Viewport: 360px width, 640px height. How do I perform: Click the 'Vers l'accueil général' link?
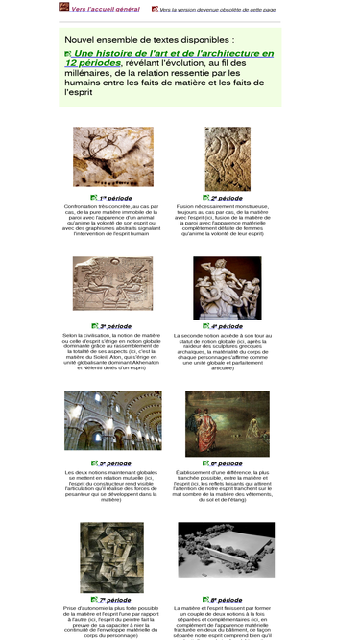tap(105, 9)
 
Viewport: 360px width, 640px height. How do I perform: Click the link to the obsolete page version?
tap(218, 9)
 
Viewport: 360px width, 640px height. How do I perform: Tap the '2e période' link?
tap(227, 198)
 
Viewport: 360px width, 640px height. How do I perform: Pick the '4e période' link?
tap(227, 326)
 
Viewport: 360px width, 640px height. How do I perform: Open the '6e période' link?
tap(227, 463)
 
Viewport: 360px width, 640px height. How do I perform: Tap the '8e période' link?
tap(227, 600)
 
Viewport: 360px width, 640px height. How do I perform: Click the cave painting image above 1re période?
tap(112, 157)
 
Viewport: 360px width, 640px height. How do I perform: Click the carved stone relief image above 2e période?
tap(227, 158)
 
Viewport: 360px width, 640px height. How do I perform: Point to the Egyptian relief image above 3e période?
tap(112, 283)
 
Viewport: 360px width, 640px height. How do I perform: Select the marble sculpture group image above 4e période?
tap(227, 287)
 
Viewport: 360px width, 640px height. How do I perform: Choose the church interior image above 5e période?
tap(112, 420)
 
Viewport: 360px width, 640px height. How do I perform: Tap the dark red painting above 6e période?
tap(227, 423)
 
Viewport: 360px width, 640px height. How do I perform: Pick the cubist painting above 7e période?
tap(112, 557)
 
